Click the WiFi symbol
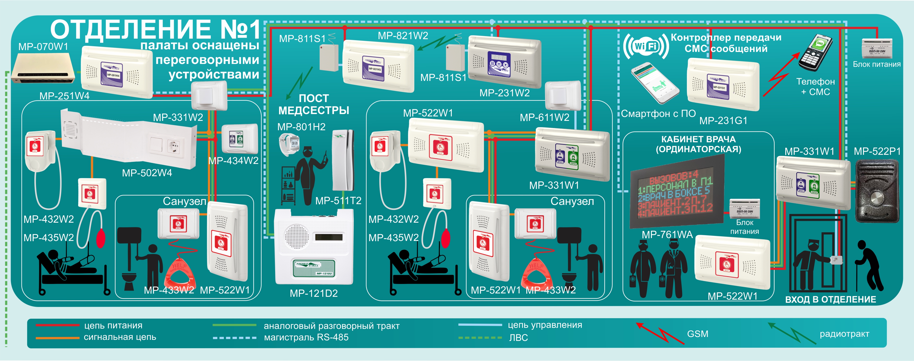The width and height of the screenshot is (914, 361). (646, 46)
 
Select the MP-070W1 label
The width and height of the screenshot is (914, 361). (43, 46)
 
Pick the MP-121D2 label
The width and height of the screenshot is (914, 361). (314, 293)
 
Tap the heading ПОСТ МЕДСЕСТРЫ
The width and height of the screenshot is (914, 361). (314, 104)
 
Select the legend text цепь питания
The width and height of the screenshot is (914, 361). (113, 326)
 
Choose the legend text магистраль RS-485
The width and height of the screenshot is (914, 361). (306, 337)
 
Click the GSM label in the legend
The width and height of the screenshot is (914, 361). (697, 334)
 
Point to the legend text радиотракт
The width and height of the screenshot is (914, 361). (844, 334)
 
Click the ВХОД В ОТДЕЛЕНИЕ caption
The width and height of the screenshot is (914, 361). (831, 300)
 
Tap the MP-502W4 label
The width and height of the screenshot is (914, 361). (147, 173)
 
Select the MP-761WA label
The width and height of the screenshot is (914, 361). (667, 234)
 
